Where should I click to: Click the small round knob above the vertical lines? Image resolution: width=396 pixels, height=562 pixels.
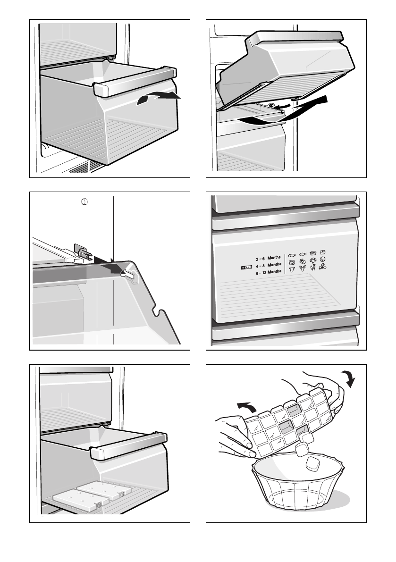pos(84,201)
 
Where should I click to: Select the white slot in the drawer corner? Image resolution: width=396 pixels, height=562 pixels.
pos(127,274)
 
